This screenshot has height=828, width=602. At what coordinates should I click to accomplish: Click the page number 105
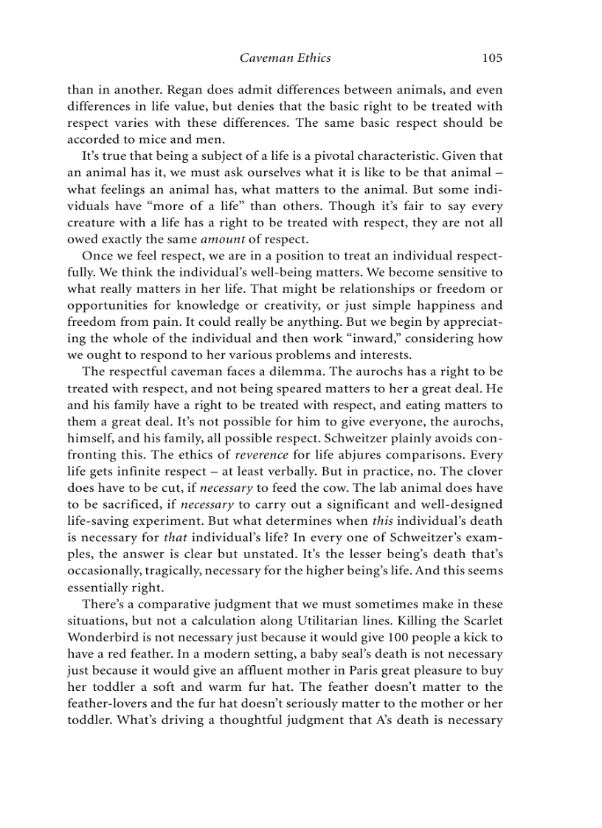(492, 58)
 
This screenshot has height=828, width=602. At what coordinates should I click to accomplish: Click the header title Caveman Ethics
(285, 58)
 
